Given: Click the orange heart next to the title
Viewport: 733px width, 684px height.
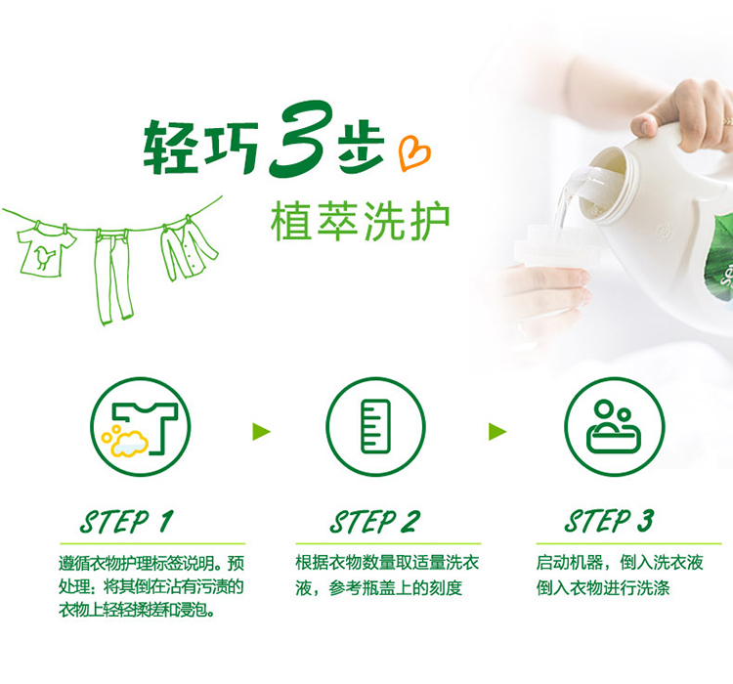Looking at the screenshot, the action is [413, 152].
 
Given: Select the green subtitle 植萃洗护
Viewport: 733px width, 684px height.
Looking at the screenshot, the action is [360, 221].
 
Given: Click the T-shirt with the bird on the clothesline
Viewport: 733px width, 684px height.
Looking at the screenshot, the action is [46, 250].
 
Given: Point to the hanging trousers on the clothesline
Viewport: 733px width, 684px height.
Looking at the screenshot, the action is [113, 275].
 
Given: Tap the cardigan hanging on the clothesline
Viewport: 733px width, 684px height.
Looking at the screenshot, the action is [187, 249].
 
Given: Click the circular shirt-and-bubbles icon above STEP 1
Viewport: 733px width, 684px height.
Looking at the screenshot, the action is [140, 427].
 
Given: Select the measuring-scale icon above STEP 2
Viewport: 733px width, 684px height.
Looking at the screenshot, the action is [376, 426].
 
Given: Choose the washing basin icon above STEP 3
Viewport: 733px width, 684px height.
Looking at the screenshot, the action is [615, 427].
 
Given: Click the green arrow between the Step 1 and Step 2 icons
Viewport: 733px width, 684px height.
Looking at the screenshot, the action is [261, 431].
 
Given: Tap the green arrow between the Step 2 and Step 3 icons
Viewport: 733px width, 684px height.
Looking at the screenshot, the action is [496, 431].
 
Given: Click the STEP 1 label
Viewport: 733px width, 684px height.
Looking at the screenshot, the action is [127, 521].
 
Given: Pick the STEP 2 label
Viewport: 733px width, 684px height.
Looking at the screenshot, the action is [374, 521].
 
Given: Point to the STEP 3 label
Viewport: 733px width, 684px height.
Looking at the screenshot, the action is [609, 521].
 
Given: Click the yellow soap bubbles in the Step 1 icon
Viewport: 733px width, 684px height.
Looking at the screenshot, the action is [125, 441].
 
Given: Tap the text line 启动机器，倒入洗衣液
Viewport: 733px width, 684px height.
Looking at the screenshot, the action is [620, 563].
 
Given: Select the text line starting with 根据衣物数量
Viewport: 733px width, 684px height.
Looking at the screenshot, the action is [388, 563].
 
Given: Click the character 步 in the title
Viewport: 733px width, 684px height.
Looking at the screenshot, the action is [361, 148].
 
